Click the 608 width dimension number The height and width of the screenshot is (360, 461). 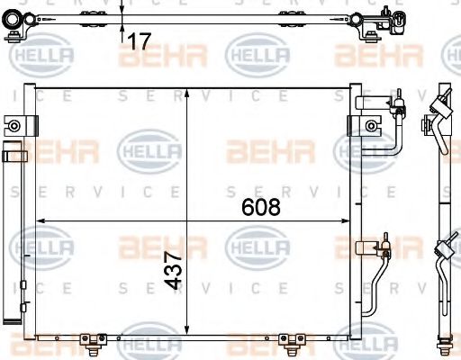[x=261, y=206]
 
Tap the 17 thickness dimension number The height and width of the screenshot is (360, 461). [x=138, y=40]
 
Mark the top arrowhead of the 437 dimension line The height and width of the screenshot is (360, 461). [x=186, y=93]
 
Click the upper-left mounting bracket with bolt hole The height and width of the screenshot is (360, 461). [x=14, y=125]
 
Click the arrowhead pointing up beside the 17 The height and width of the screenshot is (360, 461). [x=122, y=28]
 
